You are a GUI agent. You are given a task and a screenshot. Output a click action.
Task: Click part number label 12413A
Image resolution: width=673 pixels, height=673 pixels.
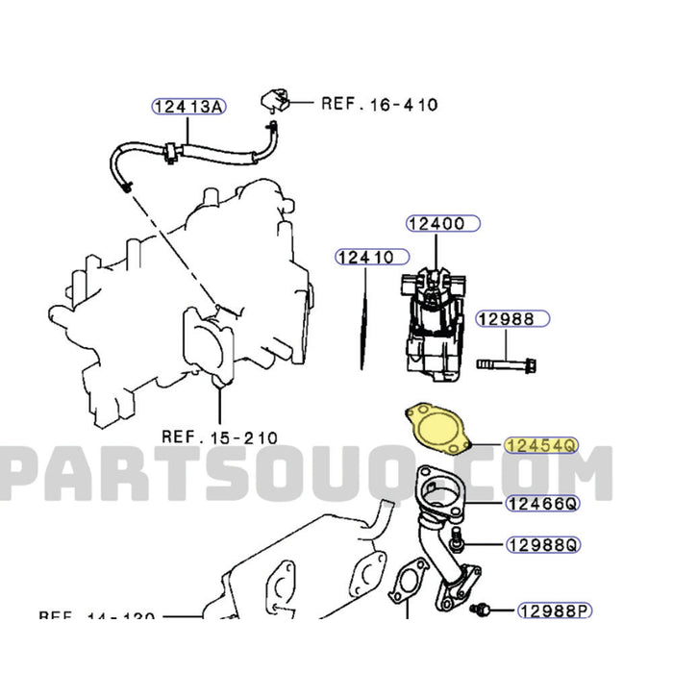point(187,106)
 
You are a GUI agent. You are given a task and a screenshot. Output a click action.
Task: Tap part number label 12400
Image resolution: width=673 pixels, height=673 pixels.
point(449,224)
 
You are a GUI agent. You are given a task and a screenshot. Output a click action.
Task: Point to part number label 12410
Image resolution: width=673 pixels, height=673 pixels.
point(364,257)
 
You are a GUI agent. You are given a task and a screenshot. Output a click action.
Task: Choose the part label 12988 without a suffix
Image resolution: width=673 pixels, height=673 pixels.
point(512,318)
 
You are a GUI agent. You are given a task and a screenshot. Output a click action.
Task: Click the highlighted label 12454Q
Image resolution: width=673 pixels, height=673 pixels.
point(541,444)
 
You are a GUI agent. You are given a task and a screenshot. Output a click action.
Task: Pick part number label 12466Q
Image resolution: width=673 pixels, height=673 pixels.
point(542,503)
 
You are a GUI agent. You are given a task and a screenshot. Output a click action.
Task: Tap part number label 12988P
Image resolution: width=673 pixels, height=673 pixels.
point(553,610)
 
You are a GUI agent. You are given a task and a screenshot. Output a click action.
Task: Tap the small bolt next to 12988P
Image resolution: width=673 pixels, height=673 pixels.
point(483,609)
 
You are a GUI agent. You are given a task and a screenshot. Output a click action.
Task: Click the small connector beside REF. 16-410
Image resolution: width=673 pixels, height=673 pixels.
point(273,100)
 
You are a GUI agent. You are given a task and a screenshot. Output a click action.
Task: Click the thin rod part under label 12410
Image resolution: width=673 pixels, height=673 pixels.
point(364,316)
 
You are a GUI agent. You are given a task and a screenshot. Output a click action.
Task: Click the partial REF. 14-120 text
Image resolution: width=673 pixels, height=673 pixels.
point(96,616)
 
